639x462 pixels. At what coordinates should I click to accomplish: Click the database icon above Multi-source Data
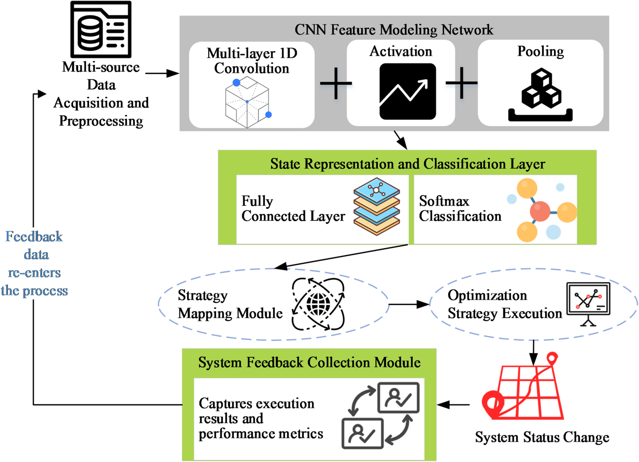tap(101, 29)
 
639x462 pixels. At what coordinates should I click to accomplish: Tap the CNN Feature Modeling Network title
tap(394, 30)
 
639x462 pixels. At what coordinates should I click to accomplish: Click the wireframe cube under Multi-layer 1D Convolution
tap(247, 102)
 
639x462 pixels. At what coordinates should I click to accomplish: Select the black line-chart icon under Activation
tap(408, 91)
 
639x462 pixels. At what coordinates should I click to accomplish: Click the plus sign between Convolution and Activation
tap(336, 83)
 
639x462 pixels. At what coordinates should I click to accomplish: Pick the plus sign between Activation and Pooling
tap(461, 83)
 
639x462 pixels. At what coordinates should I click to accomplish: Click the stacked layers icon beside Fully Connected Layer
tap(377, 206)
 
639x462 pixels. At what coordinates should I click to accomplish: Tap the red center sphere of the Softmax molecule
tap(540, 211)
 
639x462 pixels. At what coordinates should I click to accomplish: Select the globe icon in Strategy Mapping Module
tap(318, 304)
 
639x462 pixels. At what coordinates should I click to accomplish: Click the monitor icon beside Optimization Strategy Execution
tap(588, 303)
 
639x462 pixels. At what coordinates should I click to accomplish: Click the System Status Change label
tap(542, 437)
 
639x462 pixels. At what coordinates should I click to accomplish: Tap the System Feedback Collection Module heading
tap(309, 362)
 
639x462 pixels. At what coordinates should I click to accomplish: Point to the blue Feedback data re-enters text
tap(34, 263)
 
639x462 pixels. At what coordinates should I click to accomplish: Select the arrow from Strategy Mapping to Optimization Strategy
tap(409, 304)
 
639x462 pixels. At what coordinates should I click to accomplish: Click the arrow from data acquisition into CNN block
tap(162, 73)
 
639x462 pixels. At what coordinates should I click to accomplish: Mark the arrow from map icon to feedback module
tap(453, 405)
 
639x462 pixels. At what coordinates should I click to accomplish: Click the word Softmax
tap(444, 201)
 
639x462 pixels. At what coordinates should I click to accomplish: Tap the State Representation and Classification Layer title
tap(407, 164)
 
